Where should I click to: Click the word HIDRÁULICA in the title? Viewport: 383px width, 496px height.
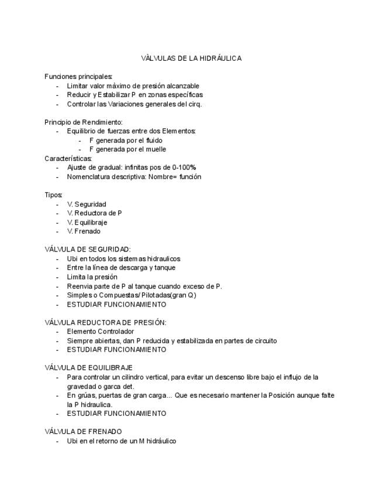tap(220, 58)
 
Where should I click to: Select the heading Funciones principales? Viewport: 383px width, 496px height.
tap(78, 77)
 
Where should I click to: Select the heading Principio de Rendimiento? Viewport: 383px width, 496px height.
tap(83, 122)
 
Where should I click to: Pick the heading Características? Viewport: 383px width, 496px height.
tap(68, 159)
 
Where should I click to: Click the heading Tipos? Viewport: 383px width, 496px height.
tap(53, 195)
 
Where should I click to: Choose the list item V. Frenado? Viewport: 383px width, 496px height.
tap(84, 231)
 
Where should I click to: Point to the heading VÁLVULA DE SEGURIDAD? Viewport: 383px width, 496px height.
tap(88, 249)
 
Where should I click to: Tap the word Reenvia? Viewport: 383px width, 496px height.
tap(80, 286)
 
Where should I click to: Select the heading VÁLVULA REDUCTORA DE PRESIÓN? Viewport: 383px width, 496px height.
tap(105, 322)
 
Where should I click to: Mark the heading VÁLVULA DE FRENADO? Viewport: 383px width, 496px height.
tap(83, 432)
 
